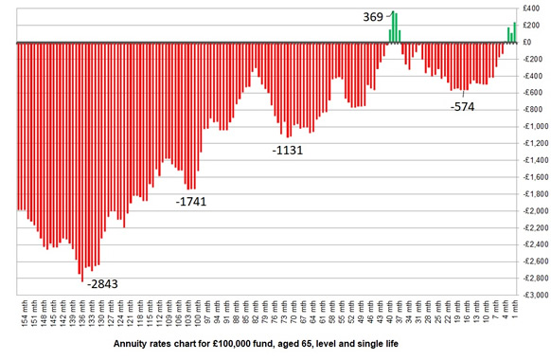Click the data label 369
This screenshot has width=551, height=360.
(x=374, y=17)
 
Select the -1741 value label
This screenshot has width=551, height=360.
(x=191, y=202)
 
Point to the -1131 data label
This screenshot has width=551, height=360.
(x=288, y=151)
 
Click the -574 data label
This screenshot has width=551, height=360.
(x=462, y=106)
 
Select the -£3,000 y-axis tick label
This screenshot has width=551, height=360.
(x=529, y=296)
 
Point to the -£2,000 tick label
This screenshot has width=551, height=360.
(x=529, y=211)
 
